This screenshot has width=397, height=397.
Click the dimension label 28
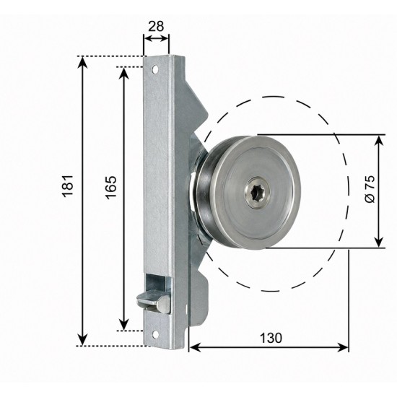[x=156, y=26]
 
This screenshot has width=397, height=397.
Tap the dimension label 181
[x=68, y=186]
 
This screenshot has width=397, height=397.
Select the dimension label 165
[x=112, y=187]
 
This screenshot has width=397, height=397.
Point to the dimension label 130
[x=271, y=338]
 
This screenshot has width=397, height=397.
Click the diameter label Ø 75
[x=370, y=188]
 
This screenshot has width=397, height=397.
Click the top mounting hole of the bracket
[x=155, y=69]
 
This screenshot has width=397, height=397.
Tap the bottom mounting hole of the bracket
[x=155, y=334]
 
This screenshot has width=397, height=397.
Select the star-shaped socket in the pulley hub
[x=258, y=193]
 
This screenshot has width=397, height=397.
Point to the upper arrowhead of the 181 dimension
[x=82, y=62]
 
